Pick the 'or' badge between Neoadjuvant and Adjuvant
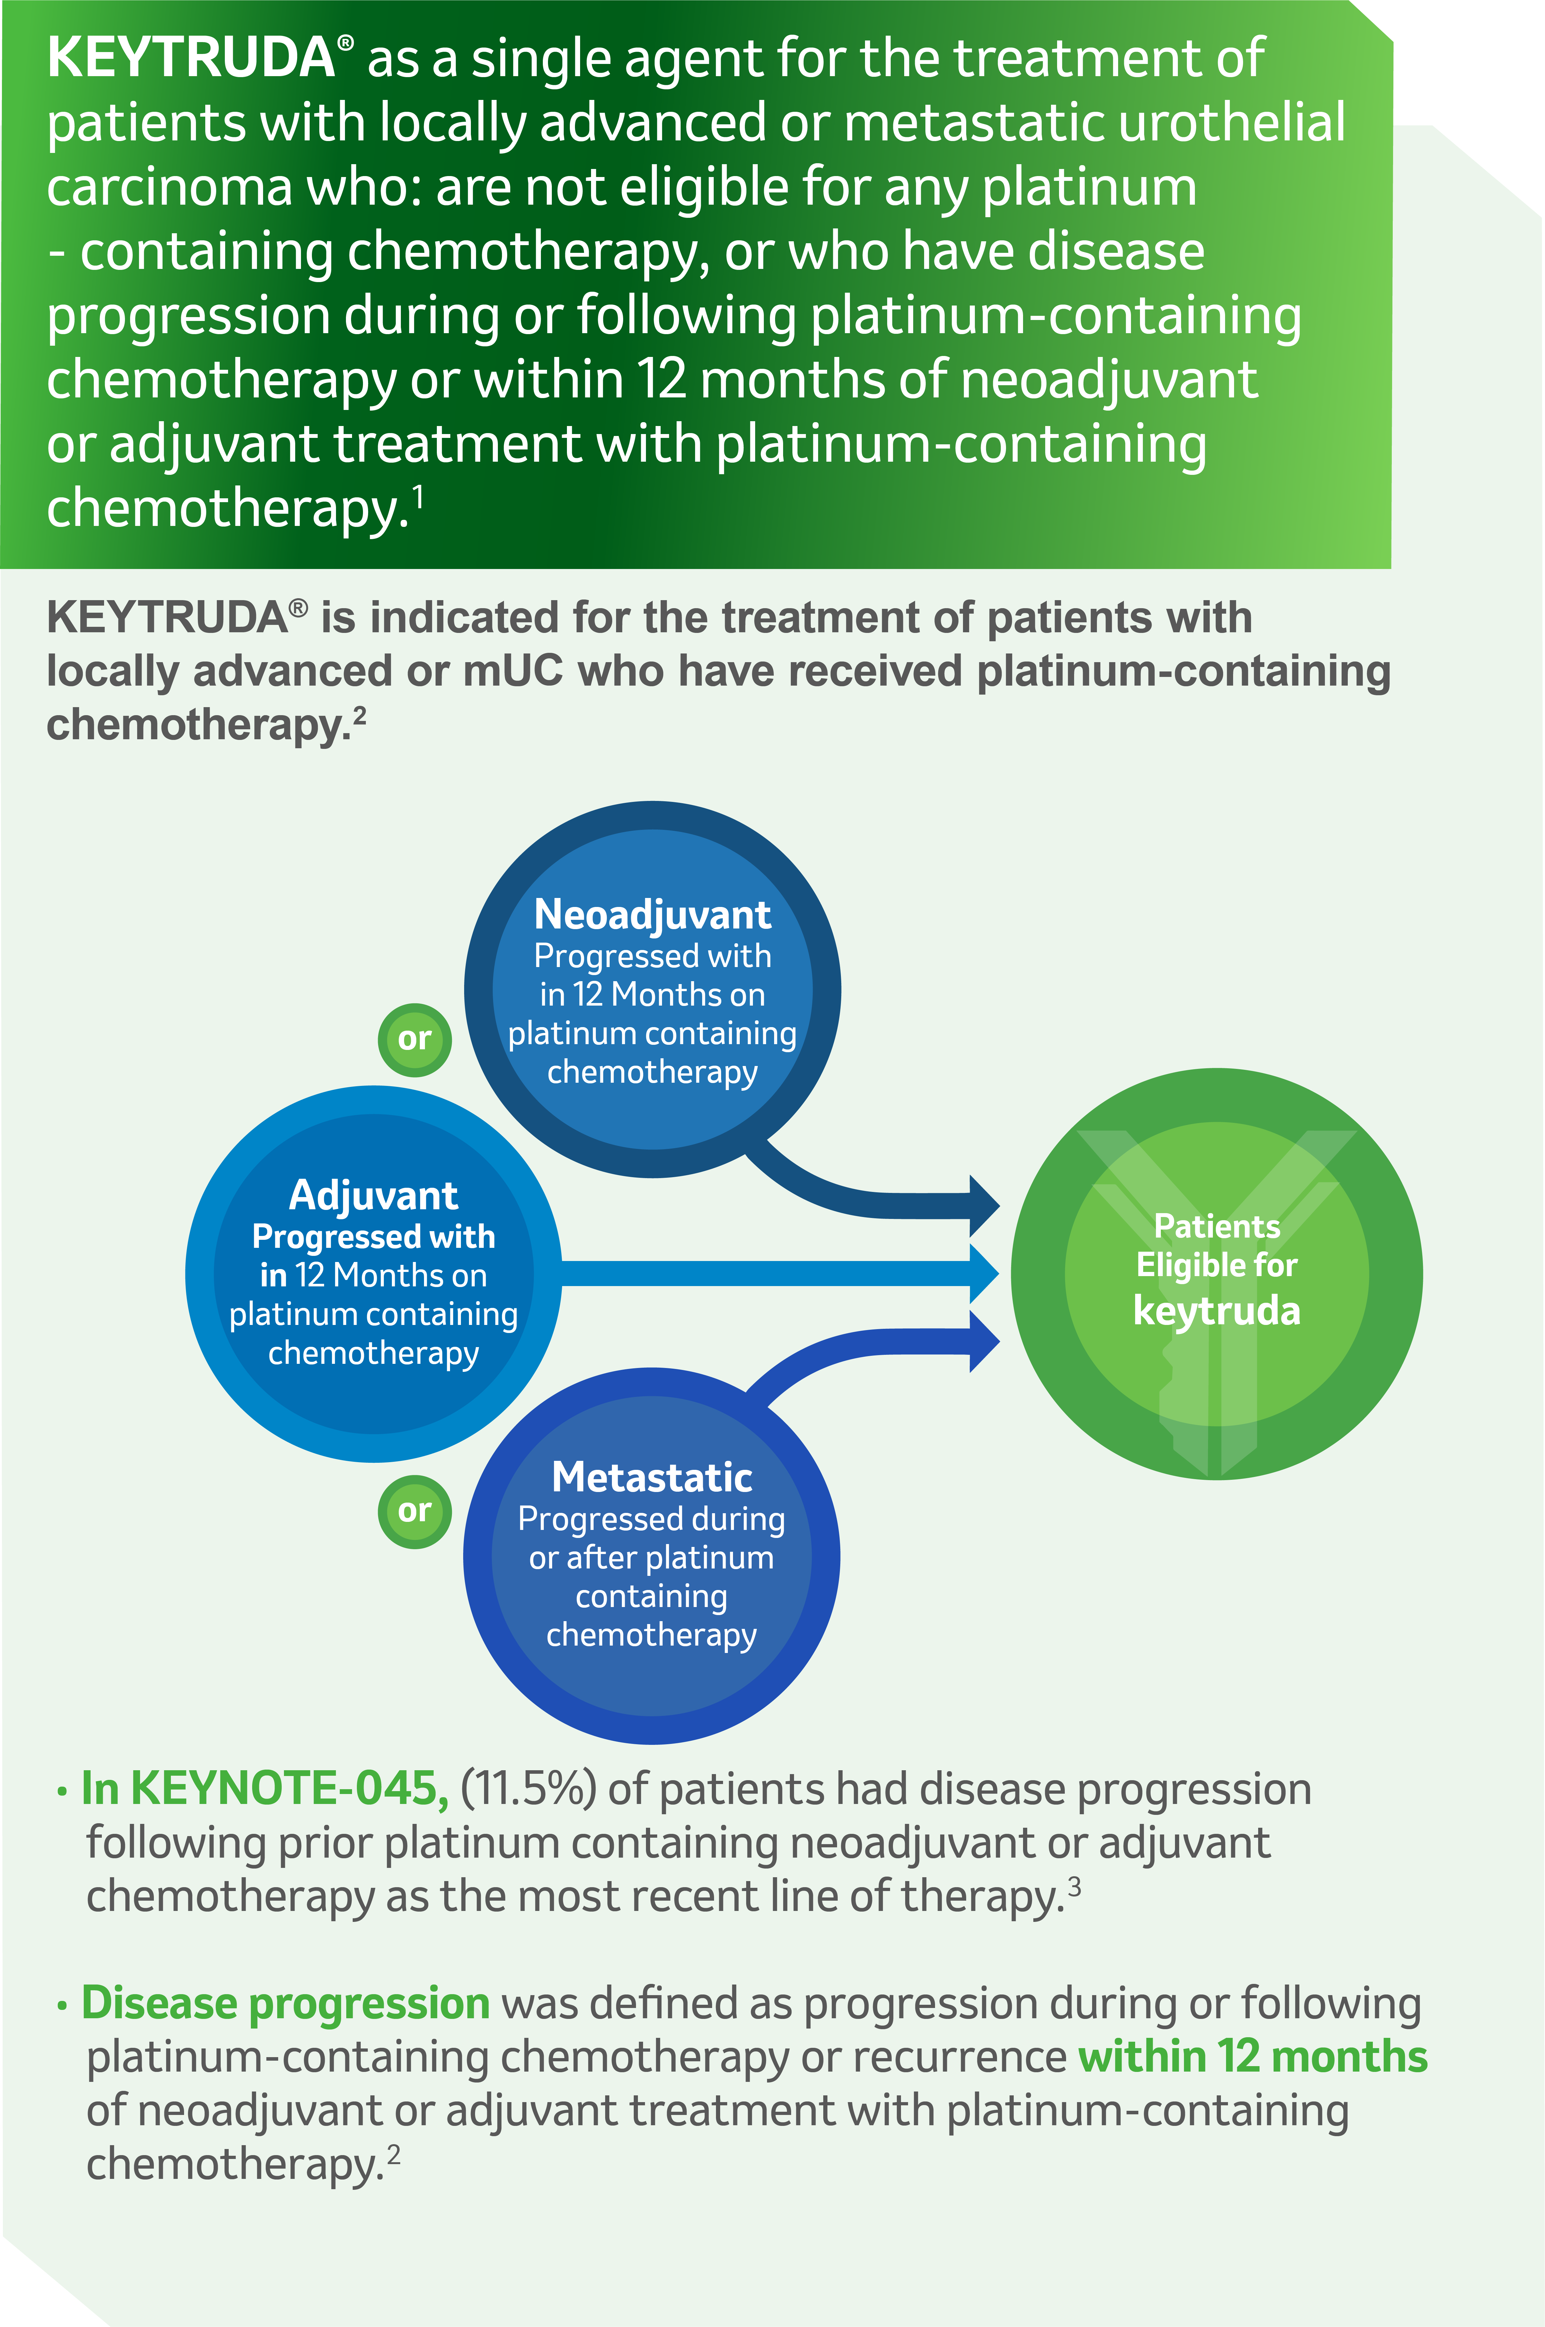(415, 1039)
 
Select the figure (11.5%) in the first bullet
(528, 1790)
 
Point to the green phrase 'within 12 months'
(1252, 2057)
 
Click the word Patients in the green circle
(1217, 1227)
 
